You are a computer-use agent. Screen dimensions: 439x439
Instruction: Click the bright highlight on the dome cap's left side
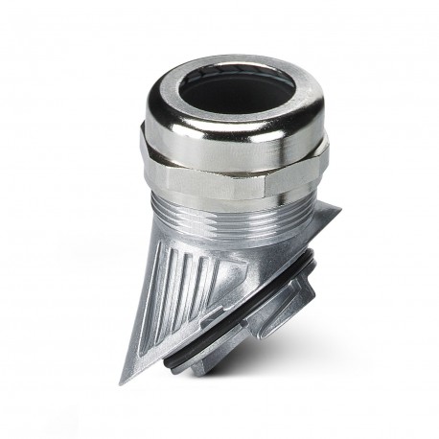point(163,115)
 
